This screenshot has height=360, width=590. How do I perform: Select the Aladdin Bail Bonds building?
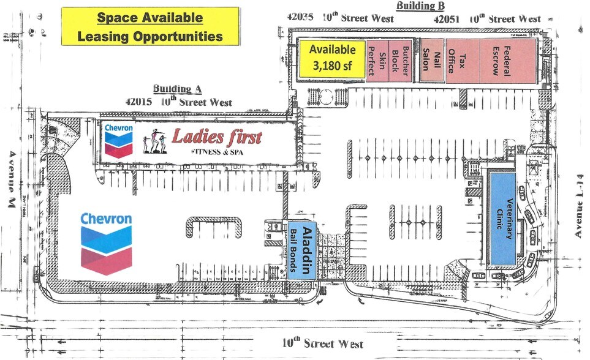302,250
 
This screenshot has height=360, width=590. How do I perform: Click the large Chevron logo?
106,242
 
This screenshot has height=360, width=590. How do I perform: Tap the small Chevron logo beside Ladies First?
119,140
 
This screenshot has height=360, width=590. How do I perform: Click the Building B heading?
420,7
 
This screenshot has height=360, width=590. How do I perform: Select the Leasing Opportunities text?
150,37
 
